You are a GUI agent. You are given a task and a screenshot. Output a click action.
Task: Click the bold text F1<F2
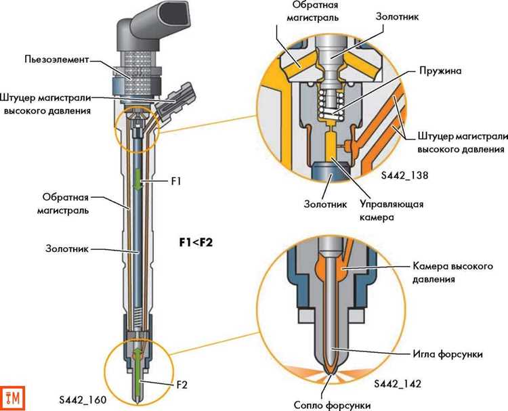[196, 241]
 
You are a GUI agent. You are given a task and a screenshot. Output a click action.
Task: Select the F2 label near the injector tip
[179, 384]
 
